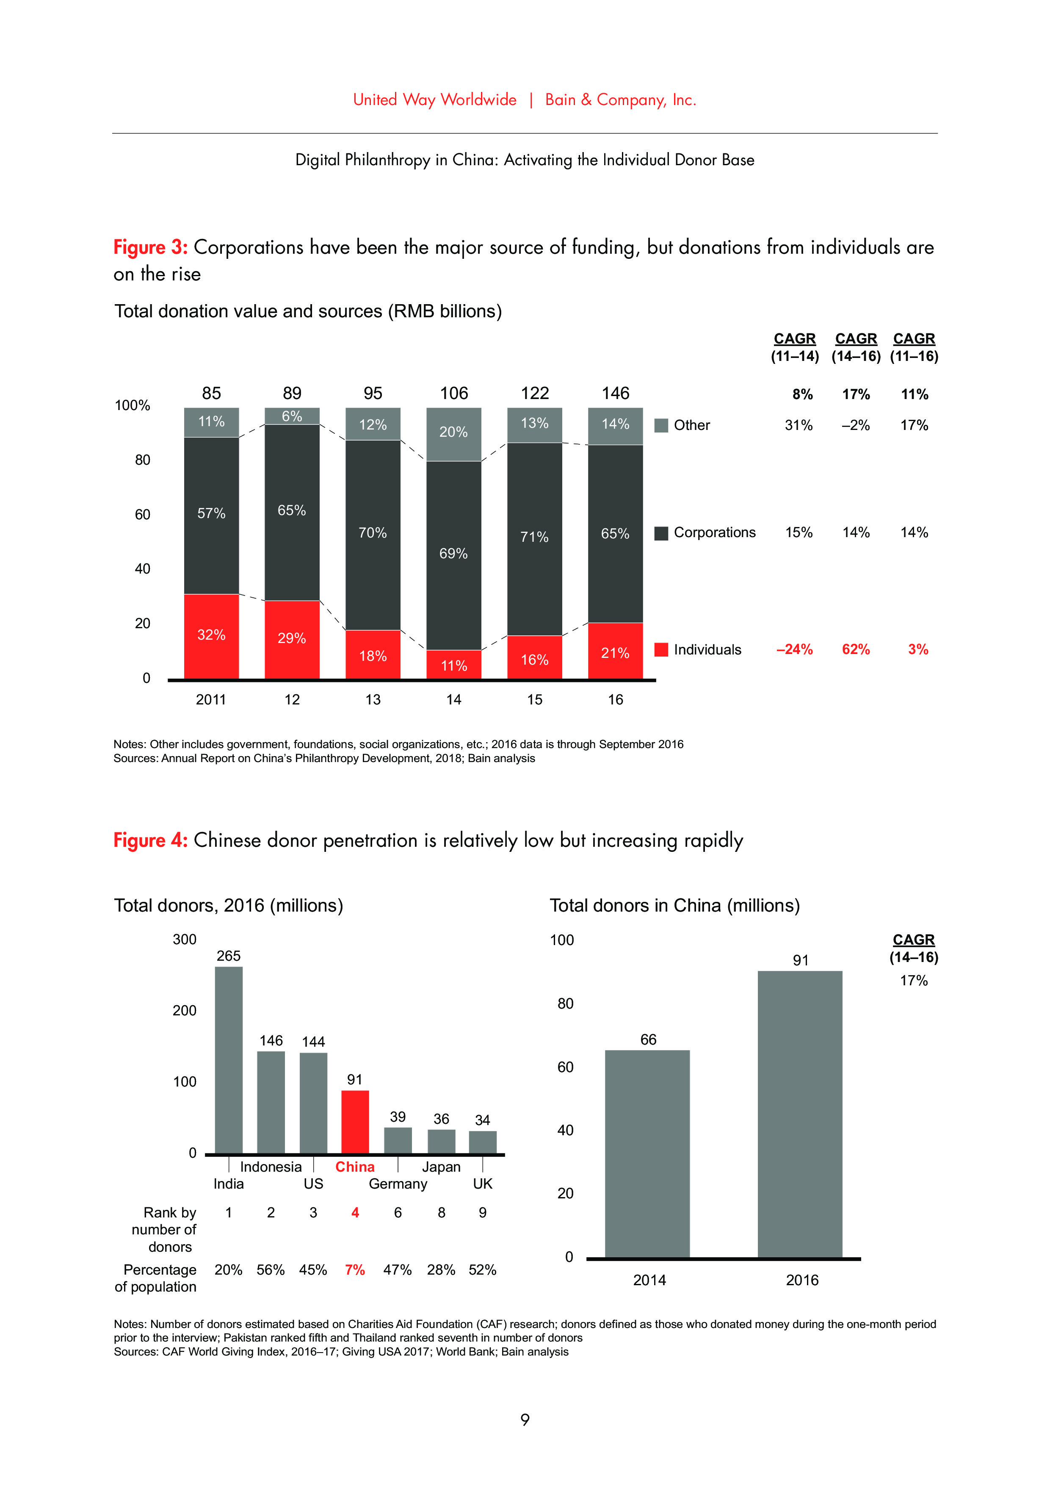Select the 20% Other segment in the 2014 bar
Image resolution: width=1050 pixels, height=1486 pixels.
point(453,434)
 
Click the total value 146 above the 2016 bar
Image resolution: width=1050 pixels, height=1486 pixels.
point(615,393)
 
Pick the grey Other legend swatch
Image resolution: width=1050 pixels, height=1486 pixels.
point(660,425)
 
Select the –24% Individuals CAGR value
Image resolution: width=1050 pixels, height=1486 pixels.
point(794,649)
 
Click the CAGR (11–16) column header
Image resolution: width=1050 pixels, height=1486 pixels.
point(914,347)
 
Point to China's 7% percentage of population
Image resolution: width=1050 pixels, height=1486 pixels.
point(354,1270)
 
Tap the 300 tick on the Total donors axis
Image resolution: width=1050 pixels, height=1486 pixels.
point(184,939)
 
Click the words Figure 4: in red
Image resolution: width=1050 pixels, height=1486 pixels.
point(150,840)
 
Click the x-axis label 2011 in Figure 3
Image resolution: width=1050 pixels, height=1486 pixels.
point(211,700)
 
